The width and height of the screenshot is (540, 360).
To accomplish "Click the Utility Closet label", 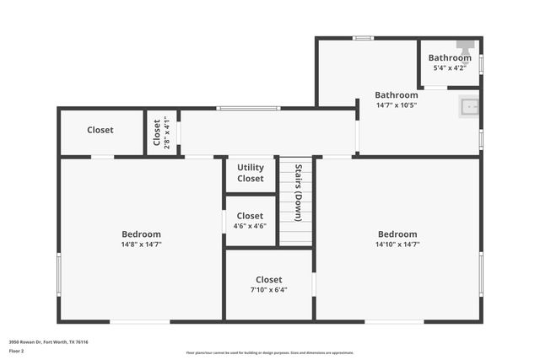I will (x=250, y=173).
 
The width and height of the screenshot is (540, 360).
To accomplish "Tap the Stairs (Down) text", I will (x=298, y=191).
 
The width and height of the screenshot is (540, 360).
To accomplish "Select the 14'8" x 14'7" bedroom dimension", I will (x=141, y=244).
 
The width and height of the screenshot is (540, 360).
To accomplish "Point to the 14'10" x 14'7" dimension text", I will (x=397, y=244).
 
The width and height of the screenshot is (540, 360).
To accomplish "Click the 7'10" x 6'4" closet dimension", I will (x=268, y=290).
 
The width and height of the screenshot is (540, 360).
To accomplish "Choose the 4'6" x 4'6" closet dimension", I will (x=250, y=226).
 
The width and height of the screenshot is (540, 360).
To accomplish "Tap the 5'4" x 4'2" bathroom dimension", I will (x=450, y=68).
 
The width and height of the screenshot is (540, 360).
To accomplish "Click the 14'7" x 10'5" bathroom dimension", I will (x=397, y=105).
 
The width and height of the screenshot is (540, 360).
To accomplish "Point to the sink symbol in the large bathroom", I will (x=469, y=107).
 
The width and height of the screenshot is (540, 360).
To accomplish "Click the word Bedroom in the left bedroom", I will (x=141, y=234).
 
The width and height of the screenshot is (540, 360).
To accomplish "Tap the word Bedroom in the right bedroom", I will (x=397, y=234).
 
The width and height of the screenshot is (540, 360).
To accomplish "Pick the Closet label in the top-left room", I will (x=100, y=130).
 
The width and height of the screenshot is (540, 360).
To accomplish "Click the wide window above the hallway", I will (x=248, y=108).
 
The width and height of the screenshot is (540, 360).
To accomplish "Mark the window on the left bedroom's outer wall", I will (x=59, y=275).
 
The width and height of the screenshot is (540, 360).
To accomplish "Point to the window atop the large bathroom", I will (x=363, y=38).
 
